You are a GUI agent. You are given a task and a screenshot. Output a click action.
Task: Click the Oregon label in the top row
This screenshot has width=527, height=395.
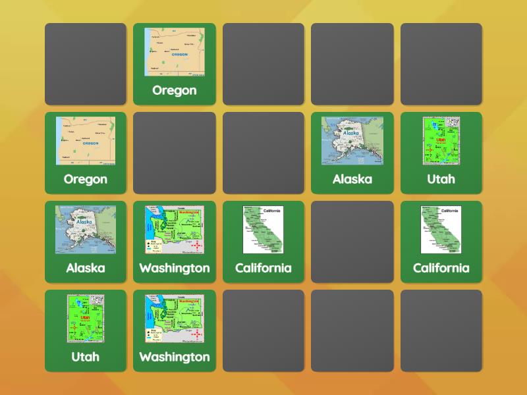coord(175,90)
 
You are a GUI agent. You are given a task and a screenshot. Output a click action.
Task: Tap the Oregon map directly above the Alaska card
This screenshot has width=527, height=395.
coord(86,141)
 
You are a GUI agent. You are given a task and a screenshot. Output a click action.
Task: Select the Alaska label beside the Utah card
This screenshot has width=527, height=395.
coord(352,179)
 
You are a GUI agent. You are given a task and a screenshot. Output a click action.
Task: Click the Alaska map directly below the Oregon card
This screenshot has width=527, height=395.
coord(86,230)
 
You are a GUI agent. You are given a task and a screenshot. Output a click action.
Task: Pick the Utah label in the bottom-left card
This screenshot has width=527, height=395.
coord(86,357)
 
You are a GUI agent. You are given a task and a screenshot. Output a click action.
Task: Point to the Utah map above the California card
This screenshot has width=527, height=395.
coord(441,141)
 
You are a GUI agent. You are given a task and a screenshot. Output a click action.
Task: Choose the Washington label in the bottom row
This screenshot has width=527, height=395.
coord(175,357)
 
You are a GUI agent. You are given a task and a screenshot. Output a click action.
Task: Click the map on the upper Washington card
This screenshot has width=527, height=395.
coord(175,230)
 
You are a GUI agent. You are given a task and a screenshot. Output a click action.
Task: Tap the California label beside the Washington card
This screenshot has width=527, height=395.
coord(263,268)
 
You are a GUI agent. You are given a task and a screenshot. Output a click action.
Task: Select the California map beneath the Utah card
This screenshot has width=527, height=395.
coord(441,230)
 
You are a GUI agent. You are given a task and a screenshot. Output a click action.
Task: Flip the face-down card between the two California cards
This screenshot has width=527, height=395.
coord(352,242)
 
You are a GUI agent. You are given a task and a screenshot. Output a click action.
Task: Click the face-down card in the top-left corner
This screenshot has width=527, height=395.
coord(86,64)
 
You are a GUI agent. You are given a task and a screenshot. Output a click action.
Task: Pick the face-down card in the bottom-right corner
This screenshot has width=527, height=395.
coord(441,330)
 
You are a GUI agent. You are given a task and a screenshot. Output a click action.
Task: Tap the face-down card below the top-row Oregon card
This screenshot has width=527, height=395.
coord(175,153)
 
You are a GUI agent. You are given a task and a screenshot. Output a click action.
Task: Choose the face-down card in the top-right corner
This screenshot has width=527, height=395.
coord(441,64)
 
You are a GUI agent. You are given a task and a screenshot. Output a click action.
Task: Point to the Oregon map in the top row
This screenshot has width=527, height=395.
coord(175,52)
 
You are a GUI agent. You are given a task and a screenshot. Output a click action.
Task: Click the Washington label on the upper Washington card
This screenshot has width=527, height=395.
coord(175,268)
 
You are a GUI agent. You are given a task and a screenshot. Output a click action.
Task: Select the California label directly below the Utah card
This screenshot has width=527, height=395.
coord(441,268)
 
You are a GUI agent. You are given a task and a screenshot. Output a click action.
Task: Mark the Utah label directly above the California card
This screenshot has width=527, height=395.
coord(441,179)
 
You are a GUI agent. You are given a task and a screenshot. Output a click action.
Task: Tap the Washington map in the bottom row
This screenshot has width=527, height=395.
coord(175,319)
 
